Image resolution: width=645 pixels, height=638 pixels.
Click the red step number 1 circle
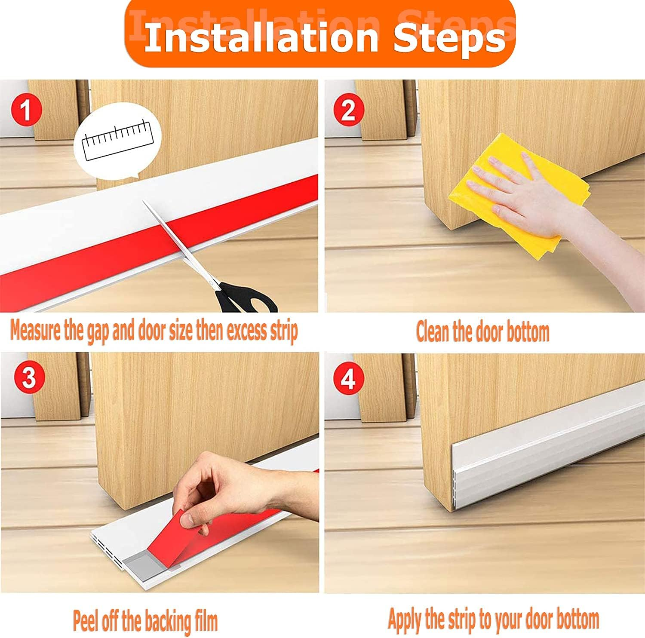click(x=26, y=110)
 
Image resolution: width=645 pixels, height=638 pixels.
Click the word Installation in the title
click(x=261, y=38)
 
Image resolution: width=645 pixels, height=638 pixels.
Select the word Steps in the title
click(x=449, y=38)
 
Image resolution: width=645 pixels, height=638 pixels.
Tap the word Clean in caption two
click(x=433, y=332)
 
